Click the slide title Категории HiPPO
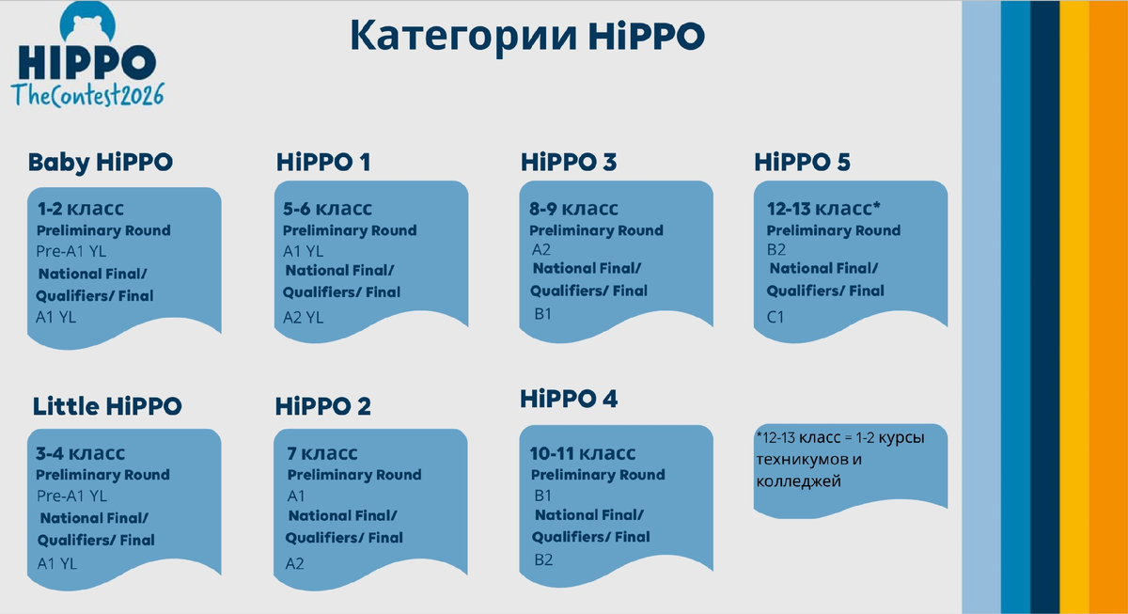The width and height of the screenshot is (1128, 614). [526, 36]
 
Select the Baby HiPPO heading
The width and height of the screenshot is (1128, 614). [101, 162]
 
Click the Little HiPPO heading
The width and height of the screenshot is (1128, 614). [107, 406]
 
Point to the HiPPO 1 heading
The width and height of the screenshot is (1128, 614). [323, 162]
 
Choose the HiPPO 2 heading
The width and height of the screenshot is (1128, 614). [323, 406]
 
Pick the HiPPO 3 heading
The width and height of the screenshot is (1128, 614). [569, 162]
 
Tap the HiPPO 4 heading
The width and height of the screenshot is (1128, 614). [569, 399]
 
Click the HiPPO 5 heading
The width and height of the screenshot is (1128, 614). [802, 162]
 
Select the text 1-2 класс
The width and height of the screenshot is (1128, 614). [80, 208]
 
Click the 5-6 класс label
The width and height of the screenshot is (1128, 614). [327, 208]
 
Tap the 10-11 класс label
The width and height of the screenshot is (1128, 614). [583, 453]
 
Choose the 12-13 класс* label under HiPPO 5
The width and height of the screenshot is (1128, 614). [822, 208]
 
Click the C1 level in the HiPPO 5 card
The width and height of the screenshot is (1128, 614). [775, 317]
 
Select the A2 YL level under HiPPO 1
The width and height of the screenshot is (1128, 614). [304, 318]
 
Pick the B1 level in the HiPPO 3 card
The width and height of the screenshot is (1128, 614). [542, 313]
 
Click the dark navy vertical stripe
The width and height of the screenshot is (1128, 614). [1045, 307]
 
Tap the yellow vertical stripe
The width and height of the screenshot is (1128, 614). [1073, 307]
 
